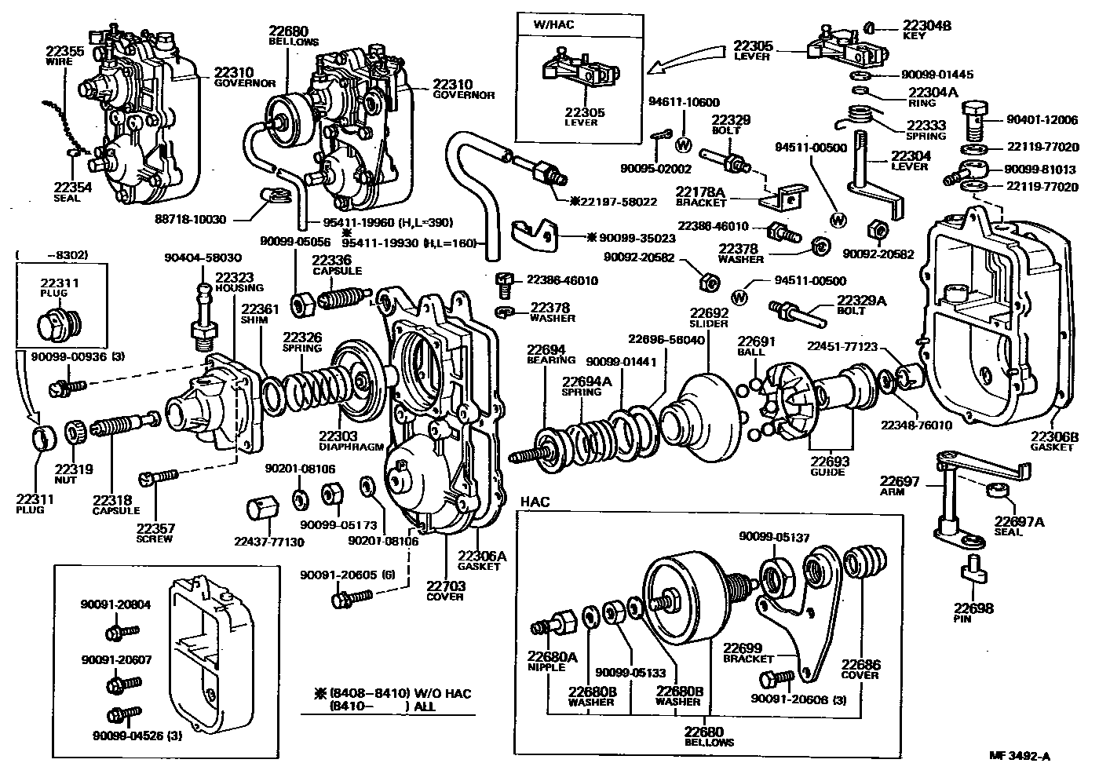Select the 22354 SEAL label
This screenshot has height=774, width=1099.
[x=72, y=192]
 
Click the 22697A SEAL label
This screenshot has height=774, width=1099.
[x=1019, y=525]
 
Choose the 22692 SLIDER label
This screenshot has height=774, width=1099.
[x=709, y=317]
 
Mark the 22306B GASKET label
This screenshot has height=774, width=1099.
[x=1053, y=441]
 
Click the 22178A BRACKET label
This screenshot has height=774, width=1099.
[x=701, y=195]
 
